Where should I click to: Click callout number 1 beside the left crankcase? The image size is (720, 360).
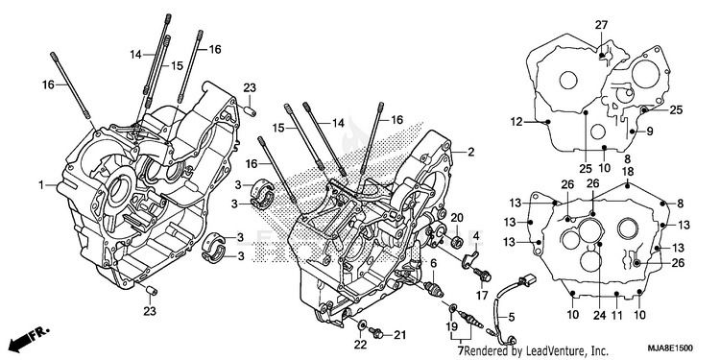point(41,185)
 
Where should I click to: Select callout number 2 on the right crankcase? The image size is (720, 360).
point(470,152)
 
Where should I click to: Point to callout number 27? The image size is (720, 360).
point(601,25)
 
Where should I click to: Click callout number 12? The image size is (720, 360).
point(517,122)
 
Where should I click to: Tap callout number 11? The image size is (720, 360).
point(617,315)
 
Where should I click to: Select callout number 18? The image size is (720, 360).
point(628,172)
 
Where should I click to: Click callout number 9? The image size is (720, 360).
point(650,132)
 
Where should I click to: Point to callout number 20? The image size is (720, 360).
point(457,217)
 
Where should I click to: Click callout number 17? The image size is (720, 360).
point(482,296)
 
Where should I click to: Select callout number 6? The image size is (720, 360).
point(434,263)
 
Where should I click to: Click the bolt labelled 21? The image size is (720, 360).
point(378,334)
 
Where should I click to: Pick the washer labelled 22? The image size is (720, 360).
point(362,325)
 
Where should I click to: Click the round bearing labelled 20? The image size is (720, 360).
point(457,242)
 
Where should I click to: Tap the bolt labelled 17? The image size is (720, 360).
point(484,276)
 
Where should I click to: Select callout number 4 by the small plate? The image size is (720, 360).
point(476,237)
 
